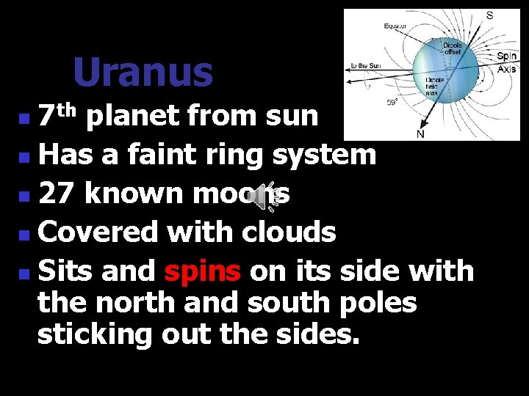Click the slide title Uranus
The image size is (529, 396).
(143, 72)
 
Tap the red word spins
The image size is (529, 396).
(203, 271)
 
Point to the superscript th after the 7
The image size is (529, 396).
(68, 110)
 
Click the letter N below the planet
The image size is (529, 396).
(420, 134)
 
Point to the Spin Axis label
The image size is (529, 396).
(506, 62)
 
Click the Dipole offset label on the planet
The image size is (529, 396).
(453, 48)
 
